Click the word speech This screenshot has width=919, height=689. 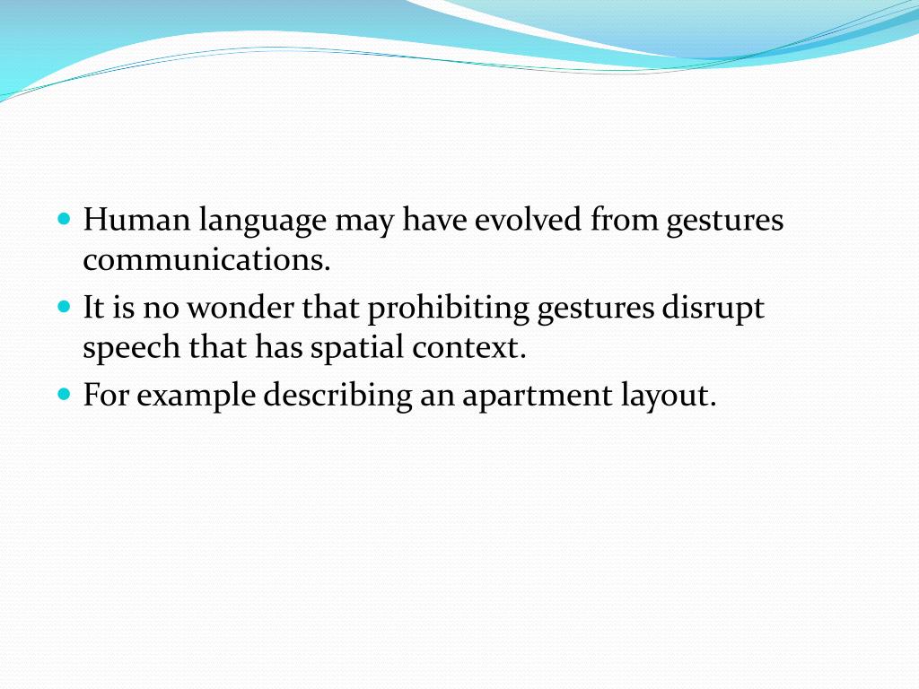pyautogui.click(x=131, y=349)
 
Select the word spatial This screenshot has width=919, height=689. pyautogui.click(x=357, y=349)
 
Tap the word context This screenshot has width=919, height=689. pyautogui.click(x=468, y=348)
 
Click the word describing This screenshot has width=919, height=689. pyautogui.click(x=337, y=396)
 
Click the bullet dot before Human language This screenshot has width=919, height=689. pyautogui.click(x=63, y=219)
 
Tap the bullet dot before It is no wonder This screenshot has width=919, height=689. pyautogui.click(x=63, y=307)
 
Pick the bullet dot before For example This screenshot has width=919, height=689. pyautogui.click(x=63, y=394)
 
